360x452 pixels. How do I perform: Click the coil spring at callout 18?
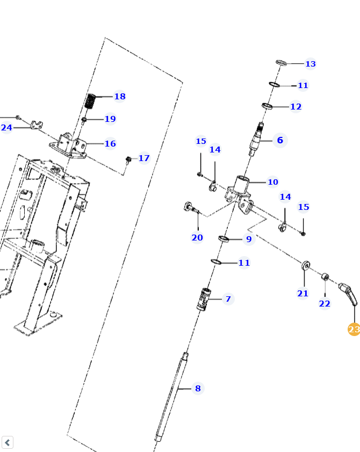(91, 101)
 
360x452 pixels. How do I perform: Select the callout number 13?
(311, 64)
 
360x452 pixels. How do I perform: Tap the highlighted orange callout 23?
(354, 329)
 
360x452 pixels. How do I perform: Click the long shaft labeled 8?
(171, 395)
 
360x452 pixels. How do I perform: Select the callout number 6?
(280, 141)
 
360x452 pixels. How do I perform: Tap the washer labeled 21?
(305, 265)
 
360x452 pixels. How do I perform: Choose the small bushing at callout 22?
(325, 277)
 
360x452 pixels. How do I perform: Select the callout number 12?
(296, 107)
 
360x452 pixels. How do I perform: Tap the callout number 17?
(144, 158)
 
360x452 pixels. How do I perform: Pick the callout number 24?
(6, 128)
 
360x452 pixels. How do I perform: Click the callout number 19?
(110, 119)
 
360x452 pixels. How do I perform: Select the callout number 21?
(303, 293)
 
